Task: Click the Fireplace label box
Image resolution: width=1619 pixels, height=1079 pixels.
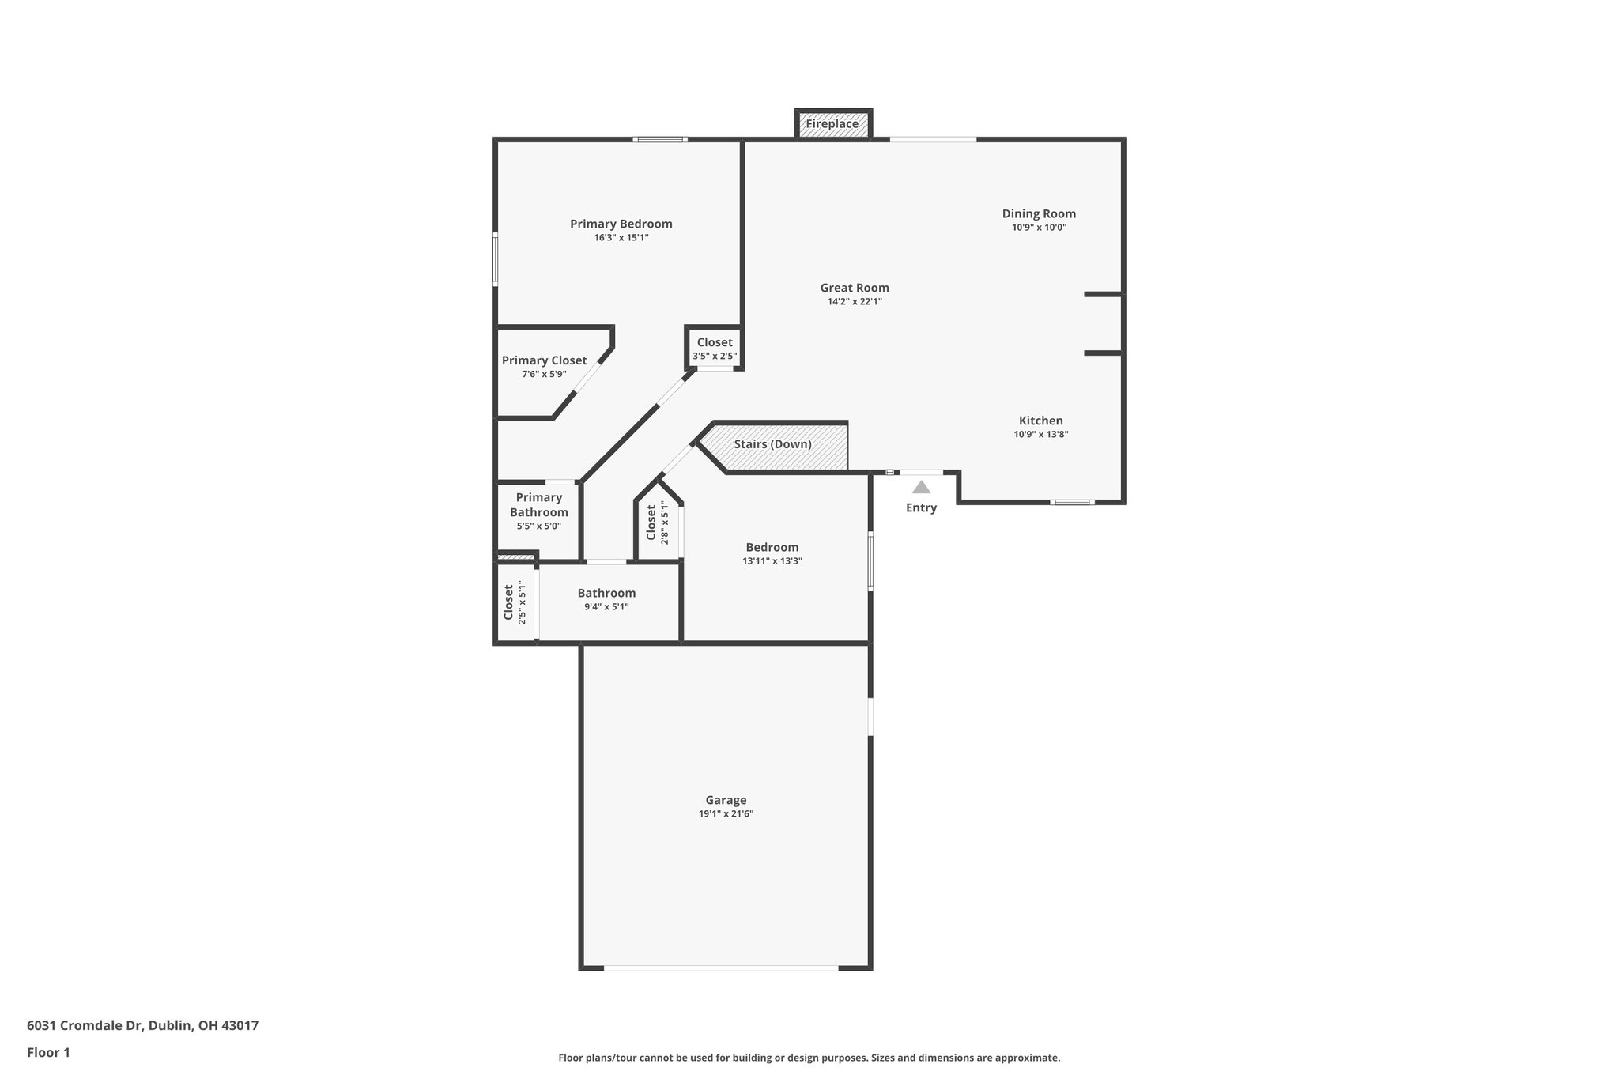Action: (x=832, y=124)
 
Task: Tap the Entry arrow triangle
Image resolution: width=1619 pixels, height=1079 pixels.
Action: (x=921, y=488)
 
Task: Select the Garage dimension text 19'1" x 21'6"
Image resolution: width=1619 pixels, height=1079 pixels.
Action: (x=726, y=813)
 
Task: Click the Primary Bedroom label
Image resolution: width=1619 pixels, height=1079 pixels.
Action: (x=621, y=224)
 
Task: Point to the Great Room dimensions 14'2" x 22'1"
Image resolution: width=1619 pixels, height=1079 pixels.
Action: (x=855, y=301)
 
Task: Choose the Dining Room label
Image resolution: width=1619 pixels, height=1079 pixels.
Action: (x=1039, y=213)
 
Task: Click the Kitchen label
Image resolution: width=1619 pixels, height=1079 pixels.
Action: (x=1040, y=421)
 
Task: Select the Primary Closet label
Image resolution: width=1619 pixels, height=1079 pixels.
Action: (x=544, y=360)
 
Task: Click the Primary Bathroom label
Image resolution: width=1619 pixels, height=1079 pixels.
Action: (x=538, y=504)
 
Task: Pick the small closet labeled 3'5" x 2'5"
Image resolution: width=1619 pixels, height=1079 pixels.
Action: (x=715, y=349)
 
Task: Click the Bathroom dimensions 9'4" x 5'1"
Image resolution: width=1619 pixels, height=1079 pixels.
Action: (x=606, y=607)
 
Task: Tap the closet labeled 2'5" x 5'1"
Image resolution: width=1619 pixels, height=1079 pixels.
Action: (x=515, y=602)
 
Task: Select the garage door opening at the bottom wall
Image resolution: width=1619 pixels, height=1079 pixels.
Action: (x=721, y=968)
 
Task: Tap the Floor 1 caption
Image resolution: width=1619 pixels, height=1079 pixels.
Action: (x=48, y=1052)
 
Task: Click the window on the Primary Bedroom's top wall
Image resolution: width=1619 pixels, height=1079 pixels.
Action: (x=660, y=140)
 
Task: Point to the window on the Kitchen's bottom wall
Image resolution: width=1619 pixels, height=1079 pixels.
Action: (x=1072, y=502)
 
